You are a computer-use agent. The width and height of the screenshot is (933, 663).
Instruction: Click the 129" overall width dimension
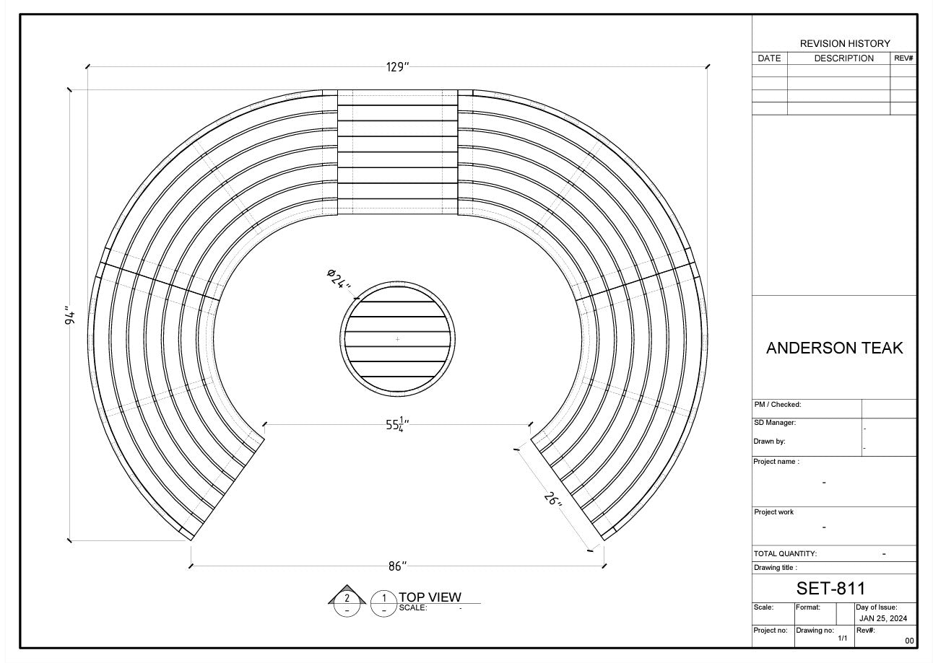[397, 67]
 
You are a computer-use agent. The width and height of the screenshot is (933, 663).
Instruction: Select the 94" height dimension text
[70, 315]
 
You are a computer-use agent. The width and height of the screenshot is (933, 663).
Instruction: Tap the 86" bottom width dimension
[397, 566]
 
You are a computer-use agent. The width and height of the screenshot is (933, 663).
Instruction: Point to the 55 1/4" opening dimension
[397, 425]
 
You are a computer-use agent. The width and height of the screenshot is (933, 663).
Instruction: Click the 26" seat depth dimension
[553, 499]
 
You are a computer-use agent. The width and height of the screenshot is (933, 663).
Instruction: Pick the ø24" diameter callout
[339, 278]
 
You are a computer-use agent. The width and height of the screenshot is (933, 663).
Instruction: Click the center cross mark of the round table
[397, 339]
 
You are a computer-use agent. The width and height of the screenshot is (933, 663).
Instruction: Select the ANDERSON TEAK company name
[834, 348]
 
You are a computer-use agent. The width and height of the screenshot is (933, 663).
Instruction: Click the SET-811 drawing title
[830, 588]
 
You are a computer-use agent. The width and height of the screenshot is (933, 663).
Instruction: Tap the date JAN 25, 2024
[883, 619]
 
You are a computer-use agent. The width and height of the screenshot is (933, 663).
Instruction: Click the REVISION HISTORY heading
[845, 44]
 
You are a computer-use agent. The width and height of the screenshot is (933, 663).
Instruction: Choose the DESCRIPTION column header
[843, 58]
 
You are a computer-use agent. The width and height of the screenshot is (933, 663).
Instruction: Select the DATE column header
[769, 58]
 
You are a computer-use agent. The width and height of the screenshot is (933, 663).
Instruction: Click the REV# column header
[903, 58]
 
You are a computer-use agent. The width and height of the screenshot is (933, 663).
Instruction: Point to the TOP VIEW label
[430, 597]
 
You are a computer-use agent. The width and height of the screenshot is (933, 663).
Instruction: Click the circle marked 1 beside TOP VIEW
[384, 603]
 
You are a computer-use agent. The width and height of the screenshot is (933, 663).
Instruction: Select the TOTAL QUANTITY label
[785, 554]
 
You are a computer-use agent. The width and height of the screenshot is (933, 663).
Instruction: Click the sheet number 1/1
[842, 638]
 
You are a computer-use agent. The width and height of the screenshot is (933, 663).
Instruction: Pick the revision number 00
[909, 641]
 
